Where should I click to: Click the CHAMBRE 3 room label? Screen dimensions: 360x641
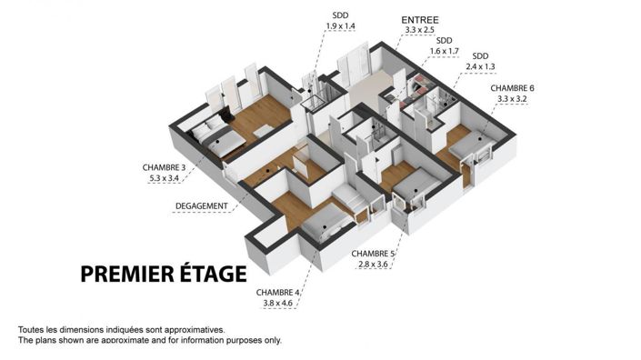tap(165, 167)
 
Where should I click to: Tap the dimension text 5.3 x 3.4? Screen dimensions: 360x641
tap(165, 179)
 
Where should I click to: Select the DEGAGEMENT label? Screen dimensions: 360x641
tap(201, 205)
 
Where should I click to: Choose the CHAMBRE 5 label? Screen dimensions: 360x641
tap(373, 254)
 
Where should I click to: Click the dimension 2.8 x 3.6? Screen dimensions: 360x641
tap(373, 265)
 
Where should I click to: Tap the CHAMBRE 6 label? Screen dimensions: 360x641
tap(513, 88)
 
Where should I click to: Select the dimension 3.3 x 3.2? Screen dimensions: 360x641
tap(513, 99)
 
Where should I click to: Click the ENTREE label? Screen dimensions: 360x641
tap(421, 19)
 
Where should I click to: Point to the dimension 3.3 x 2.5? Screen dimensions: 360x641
tap(421, 31)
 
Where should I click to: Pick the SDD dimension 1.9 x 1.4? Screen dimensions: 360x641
tap(340, 26)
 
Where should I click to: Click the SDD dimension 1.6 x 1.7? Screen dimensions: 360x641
tap(444, 52)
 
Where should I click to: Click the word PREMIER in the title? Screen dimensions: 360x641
tap(133, 274)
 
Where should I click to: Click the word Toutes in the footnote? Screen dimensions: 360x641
tap(32, 329)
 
